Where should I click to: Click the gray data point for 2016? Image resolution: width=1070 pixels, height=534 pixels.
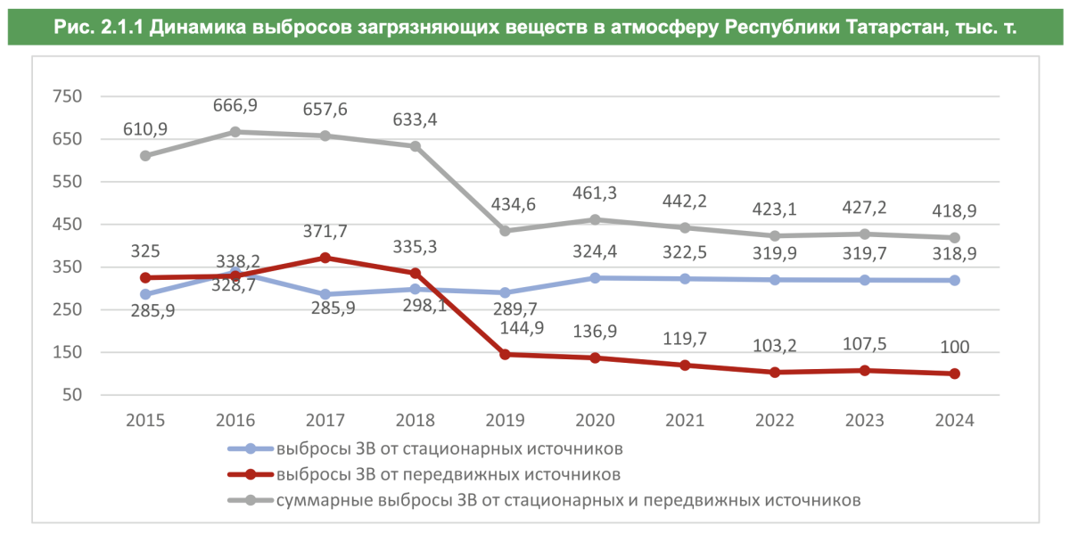[x=235, y=132]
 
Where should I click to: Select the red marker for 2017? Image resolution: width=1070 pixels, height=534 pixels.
[x=325, y=258]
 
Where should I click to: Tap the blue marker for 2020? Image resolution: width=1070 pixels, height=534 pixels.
[x=595, y=278]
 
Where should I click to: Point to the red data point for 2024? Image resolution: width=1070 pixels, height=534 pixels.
[x=954, y=374]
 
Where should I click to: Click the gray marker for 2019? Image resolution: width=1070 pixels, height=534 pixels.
[x=505, y=231]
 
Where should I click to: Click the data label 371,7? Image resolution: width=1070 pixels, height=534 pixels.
[x=325, y=232]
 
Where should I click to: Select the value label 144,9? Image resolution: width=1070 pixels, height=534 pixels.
[x=505, y=328]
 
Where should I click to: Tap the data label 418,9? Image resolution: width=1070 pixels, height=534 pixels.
[x=954, y=212]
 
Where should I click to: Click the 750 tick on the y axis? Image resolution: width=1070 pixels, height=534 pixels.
[x=67, y=96]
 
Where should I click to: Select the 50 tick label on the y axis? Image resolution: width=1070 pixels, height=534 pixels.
[x=72, y=395]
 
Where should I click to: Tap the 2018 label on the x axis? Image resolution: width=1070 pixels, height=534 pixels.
[x=415, y=420]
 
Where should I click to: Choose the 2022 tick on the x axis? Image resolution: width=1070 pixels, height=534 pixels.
[x=774, y=420]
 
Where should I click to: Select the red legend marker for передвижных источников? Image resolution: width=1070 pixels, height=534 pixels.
[x=251, y=474]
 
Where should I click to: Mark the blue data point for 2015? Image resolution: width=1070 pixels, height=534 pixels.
[x=145, y=294]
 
